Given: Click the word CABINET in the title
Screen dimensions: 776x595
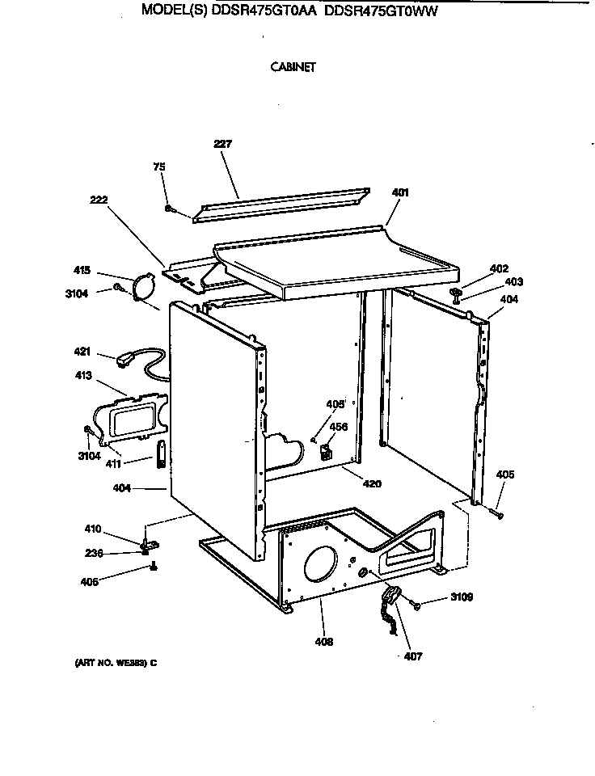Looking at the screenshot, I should coord(293,68).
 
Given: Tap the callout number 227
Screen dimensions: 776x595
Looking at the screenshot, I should coord(222,144).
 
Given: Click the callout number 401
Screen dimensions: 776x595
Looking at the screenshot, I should coord(399,192).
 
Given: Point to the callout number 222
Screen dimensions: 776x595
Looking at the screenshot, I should coord(99,200).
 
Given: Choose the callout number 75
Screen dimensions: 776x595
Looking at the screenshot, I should coord(159,167).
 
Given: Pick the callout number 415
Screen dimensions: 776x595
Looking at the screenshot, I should coord(82,271).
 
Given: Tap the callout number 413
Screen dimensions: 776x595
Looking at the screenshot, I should coord(82,376).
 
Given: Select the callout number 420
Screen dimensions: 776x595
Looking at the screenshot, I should coord(372,484).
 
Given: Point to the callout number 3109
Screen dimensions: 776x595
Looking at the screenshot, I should coord(462,598).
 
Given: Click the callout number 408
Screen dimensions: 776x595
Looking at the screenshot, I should coord(323,643).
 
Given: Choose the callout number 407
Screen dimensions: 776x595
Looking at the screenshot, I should coord(412,656).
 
